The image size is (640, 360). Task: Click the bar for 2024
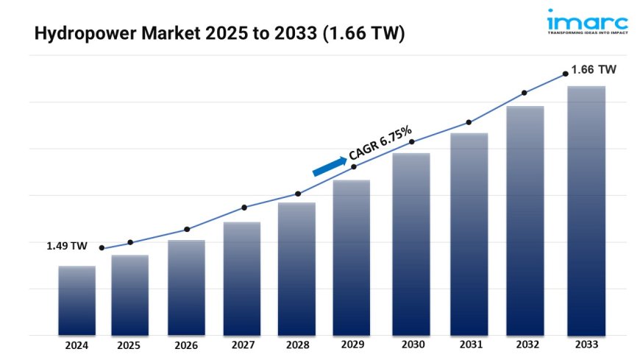[77, 300]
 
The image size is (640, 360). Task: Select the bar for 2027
[242, 278]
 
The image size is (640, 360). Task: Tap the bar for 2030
[411, 244]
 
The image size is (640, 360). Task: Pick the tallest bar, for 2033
[586, 211]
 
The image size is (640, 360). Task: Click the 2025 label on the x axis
[130, 345]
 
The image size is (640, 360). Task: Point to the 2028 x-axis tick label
[298, 345]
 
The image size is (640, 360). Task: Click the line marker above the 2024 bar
[102, 248]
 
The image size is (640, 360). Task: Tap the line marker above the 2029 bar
[354, 167]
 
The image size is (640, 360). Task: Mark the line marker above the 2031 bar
[468, 123]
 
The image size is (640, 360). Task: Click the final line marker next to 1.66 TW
[565, 73]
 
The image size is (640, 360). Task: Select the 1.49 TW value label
[68, 246]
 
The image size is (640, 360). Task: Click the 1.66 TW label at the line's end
[595, 69]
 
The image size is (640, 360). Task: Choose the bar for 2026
[186, 287]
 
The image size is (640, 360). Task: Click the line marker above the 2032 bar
[525, 93]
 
